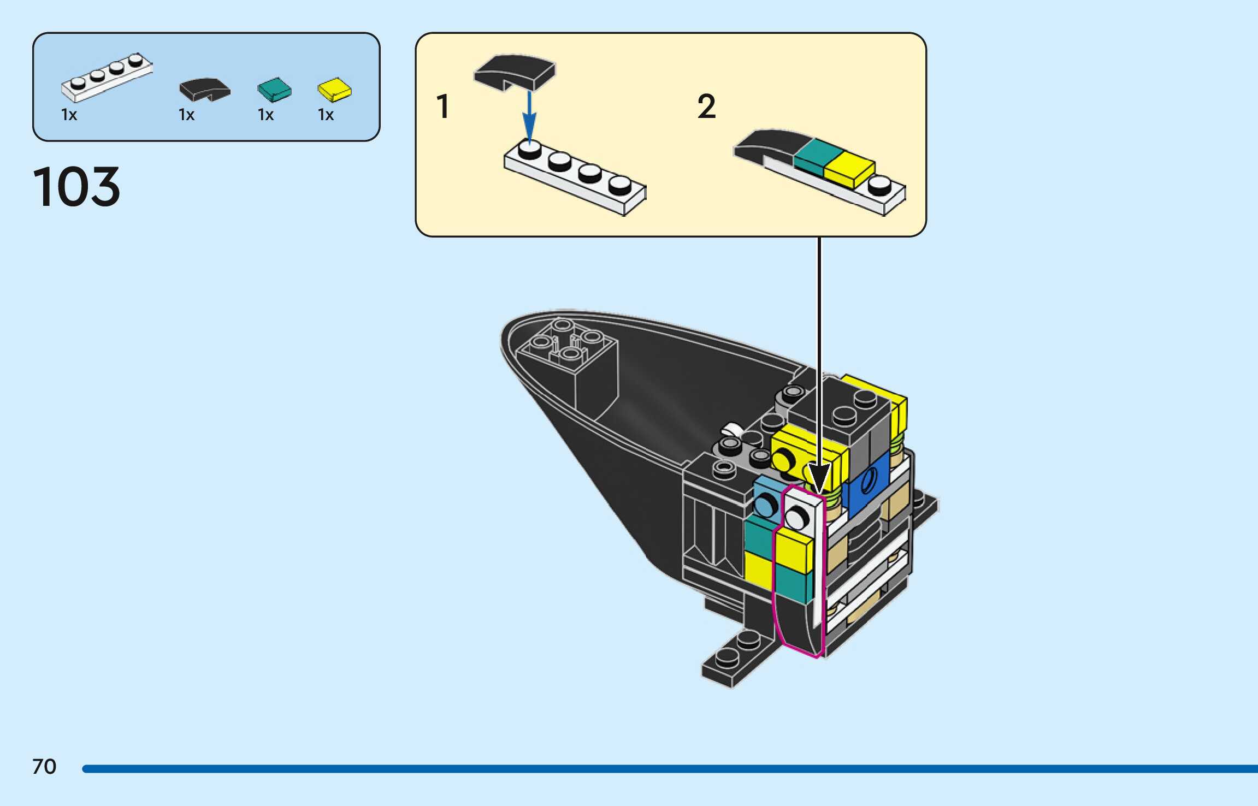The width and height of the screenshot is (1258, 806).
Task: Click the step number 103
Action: pos(76,187)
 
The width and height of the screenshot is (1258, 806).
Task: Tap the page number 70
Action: pos(44,767)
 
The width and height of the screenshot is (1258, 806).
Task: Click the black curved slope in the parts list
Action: pos(205,90)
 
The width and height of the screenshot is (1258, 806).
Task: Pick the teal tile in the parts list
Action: pos(274,90)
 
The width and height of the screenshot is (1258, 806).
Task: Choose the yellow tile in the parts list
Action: pos(335,90)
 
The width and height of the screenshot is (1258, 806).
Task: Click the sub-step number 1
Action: pos(443,106)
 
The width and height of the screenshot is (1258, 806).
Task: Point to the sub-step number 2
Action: pos(706,106)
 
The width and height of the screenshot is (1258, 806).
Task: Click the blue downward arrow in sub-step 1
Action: pos(529,117)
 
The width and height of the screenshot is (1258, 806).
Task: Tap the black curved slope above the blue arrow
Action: pos(515,71)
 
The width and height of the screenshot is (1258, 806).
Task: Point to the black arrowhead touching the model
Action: pos(819,478)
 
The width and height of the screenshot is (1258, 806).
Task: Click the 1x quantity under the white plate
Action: pos(69,115)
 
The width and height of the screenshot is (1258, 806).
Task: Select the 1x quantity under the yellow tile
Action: pos(326,115)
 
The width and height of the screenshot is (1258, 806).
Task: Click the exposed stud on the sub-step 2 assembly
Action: pos(879,185)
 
